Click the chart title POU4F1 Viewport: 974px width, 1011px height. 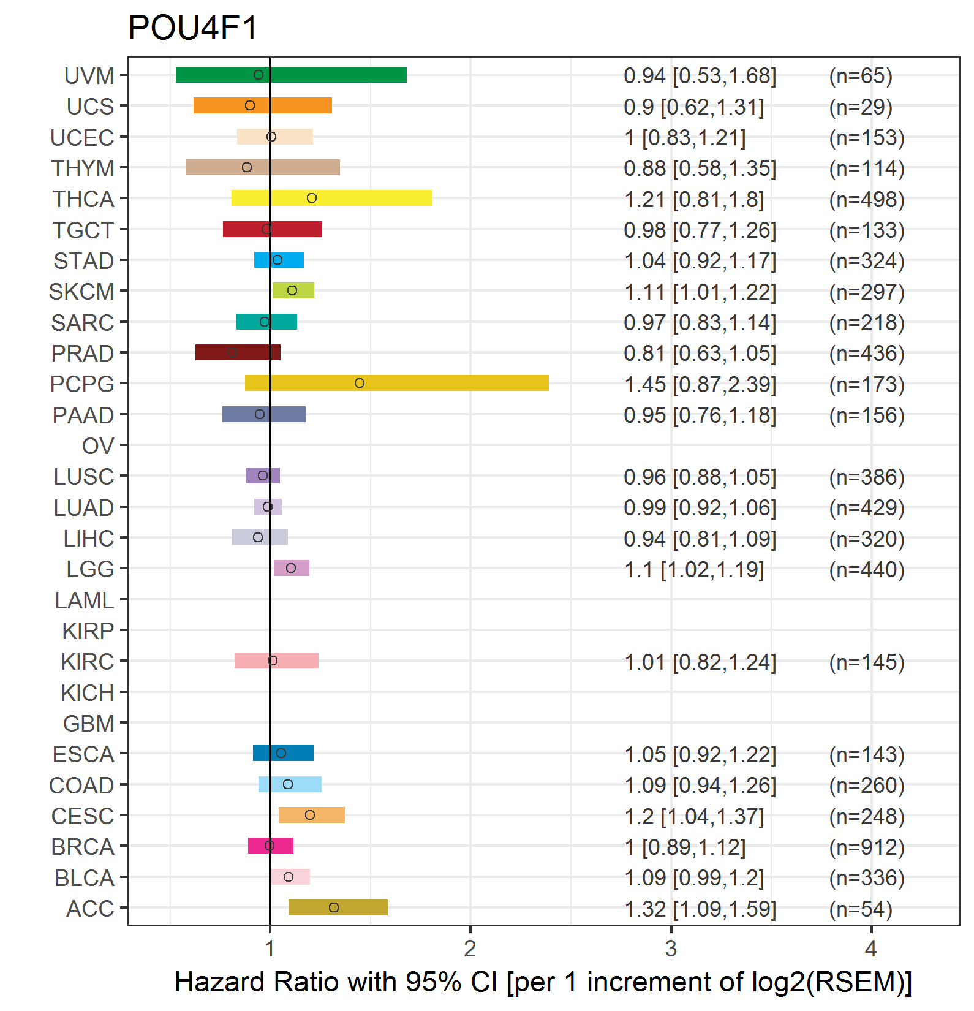193,28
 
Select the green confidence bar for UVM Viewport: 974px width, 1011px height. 291,75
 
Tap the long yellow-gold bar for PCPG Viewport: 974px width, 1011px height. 396,383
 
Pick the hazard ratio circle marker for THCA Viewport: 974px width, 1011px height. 312,198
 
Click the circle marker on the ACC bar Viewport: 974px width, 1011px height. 334,907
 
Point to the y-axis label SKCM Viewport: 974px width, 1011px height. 81,292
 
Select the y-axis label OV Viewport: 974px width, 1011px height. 98,446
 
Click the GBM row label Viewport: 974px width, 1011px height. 88,724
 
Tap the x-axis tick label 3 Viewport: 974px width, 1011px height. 671,949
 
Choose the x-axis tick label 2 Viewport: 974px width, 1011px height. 470,949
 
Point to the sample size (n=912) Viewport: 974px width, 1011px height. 867,847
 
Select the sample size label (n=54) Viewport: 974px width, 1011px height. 861,909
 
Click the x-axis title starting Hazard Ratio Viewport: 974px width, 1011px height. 543,982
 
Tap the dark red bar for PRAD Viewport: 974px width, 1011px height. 238,352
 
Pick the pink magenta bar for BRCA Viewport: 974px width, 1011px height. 271,846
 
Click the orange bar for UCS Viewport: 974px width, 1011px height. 263,105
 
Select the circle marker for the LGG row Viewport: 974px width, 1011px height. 291,568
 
